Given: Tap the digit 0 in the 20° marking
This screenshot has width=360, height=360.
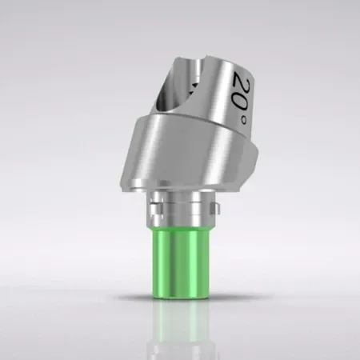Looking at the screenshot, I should coord(244,98).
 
